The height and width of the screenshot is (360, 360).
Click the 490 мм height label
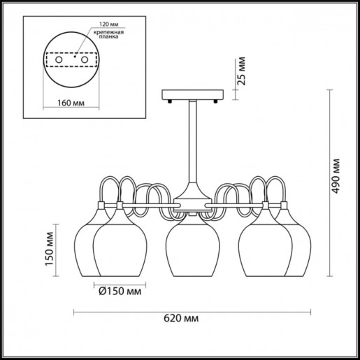coord(338,175)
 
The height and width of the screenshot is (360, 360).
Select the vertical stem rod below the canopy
coord(190,140)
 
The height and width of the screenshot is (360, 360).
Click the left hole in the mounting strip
coord(59,62)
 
